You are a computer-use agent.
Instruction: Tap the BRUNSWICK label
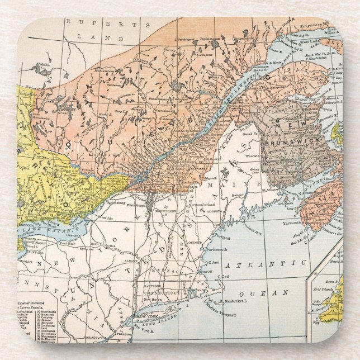284,142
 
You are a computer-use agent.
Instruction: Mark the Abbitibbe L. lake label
42,64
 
